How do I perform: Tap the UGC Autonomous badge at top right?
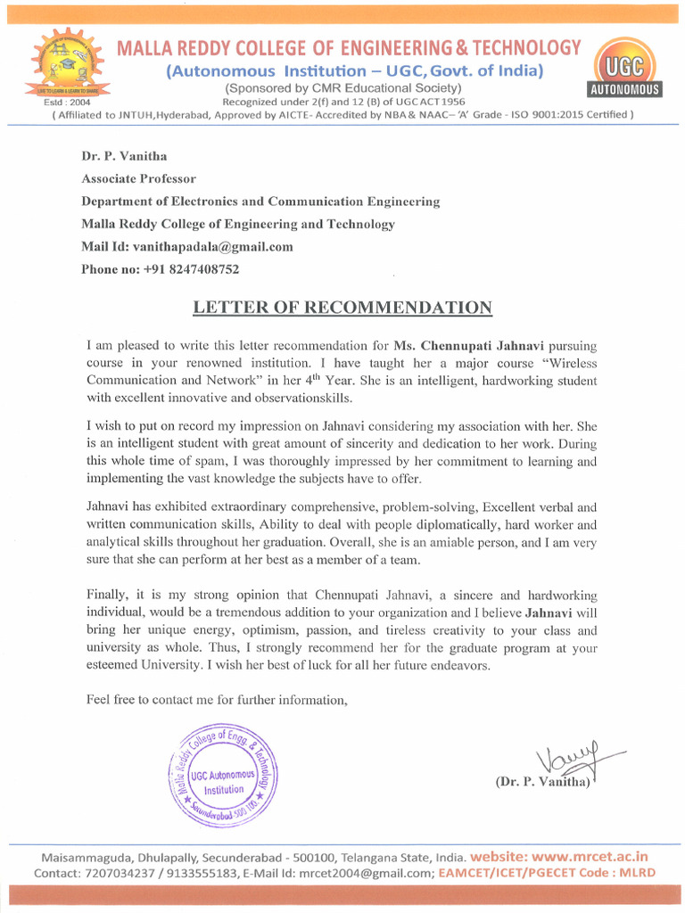point(624,67)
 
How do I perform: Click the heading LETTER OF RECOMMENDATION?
point(342,308)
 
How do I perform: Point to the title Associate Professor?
point(138,178)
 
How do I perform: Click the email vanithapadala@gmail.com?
point(213,246)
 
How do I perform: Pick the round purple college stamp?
point(223,773)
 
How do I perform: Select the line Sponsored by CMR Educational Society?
point(342,87)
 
